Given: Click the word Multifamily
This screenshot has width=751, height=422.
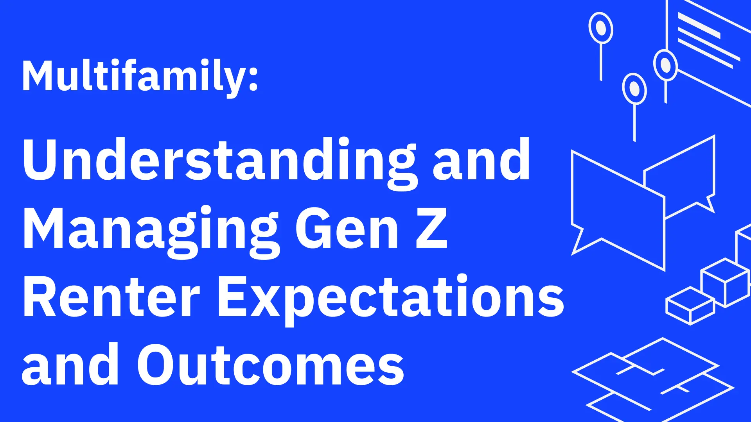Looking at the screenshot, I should click(x=133, y=76).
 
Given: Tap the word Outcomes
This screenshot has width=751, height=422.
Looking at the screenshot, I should click(x=270, y=365).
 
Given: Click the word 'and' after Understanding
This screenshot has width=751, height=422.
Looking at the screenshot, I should click(x=481, y=160).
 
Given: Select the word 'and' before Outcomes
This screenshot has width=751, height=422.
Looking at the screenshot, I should click(x=70, y=365).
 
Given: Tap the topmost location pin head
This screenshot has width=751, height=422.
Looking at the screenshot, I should click(x=601, y=28).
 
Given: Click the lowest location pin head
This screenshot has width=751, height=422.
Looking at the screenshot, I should click(x=634, y=89).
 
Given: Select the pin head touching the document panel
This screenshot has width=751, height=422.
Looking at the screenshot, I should click(x=665, y=65).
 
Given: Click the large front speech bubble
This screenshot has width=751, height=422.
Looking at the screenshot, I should click(x=618, y=211).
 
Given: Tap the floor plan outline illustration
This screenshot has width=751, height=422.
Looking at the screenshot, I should click(x=653, y=377).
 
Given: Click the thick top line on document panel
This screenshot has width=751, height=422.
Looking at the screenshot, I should click(x=699, y=25).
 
